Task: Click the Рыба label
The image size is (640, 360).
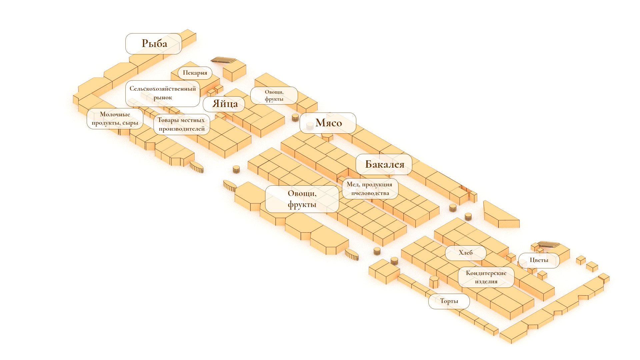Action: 154,44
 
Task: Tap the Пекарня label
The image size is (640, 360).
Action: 195,73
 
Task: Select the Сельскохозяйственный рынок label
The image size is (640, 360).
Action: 163,93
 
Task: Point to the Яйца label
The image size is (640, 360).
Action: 224,104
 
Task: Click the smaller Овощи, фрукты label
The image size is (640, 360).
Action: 274,95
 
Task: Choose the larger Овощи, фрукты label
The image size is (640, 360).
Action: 302,199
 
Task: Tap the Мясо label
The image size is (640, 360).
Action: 328,123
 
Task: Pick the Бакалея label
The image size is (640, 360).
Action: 384,164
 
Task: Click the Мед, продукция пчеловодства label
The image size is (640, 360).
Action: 370,189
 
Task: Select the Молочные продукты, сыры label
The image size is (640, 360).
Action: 115,119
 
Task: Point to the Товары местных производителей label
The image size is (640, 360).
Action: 182,124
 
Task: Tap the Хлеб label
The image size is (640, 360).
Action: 466,253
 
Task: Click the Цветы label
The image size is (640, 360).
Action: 539,260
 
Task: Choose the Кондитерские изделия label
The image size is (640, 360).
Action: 486,277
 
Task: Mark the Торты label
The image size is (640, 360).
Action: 449,301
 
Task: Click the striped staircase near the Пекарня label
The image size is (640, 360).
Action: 223,60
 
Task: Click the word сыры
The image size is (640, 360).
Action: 130,123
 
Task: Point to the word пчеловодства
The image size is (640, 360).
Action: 370,193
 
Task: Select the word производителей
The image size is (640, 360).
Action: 182,129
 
